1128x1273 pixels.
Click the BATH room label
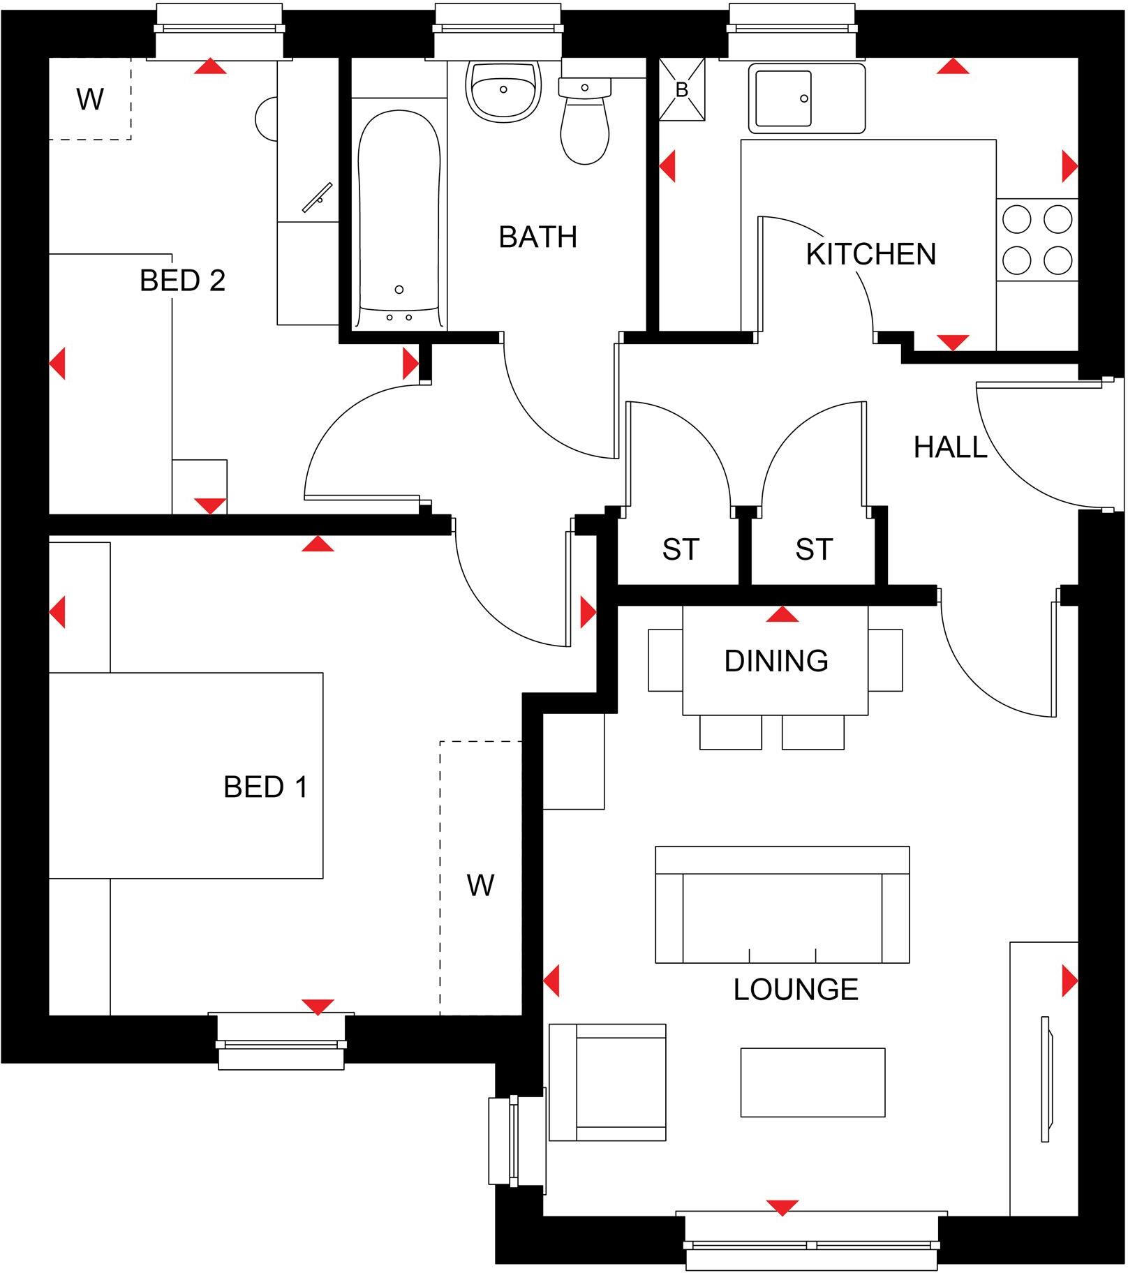[537, 237]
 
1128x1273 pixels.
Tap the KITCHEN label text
[870, 254]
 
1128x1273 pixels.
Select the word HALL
[950, 447]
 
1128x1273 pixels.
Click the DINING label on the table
[775, 660]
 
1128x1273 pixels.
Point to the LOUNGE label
[795, 989]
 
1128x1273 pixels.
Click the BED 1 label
[265, 787]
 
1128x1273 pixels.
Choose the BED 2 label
[182, 281]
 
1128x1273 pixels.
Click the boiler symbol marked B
[682, 90]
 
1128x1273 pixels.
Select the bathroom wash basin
[503, 91]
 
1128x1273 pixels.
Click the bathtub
[399, 216]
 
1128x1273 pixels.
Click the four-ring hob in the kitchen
[1037, 240]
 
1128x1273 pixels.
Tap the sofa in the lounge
[782, 905]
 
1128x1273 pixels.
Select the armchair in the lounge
[607, 1082]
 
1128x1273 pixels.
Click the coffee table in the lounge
[812, 1082]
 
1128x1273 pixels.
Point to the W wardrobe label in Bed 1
[480, 885]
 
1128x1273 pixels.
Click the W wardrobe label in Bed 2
[90, 99]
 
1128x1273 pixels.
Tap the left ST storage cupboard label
[680, 549]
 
